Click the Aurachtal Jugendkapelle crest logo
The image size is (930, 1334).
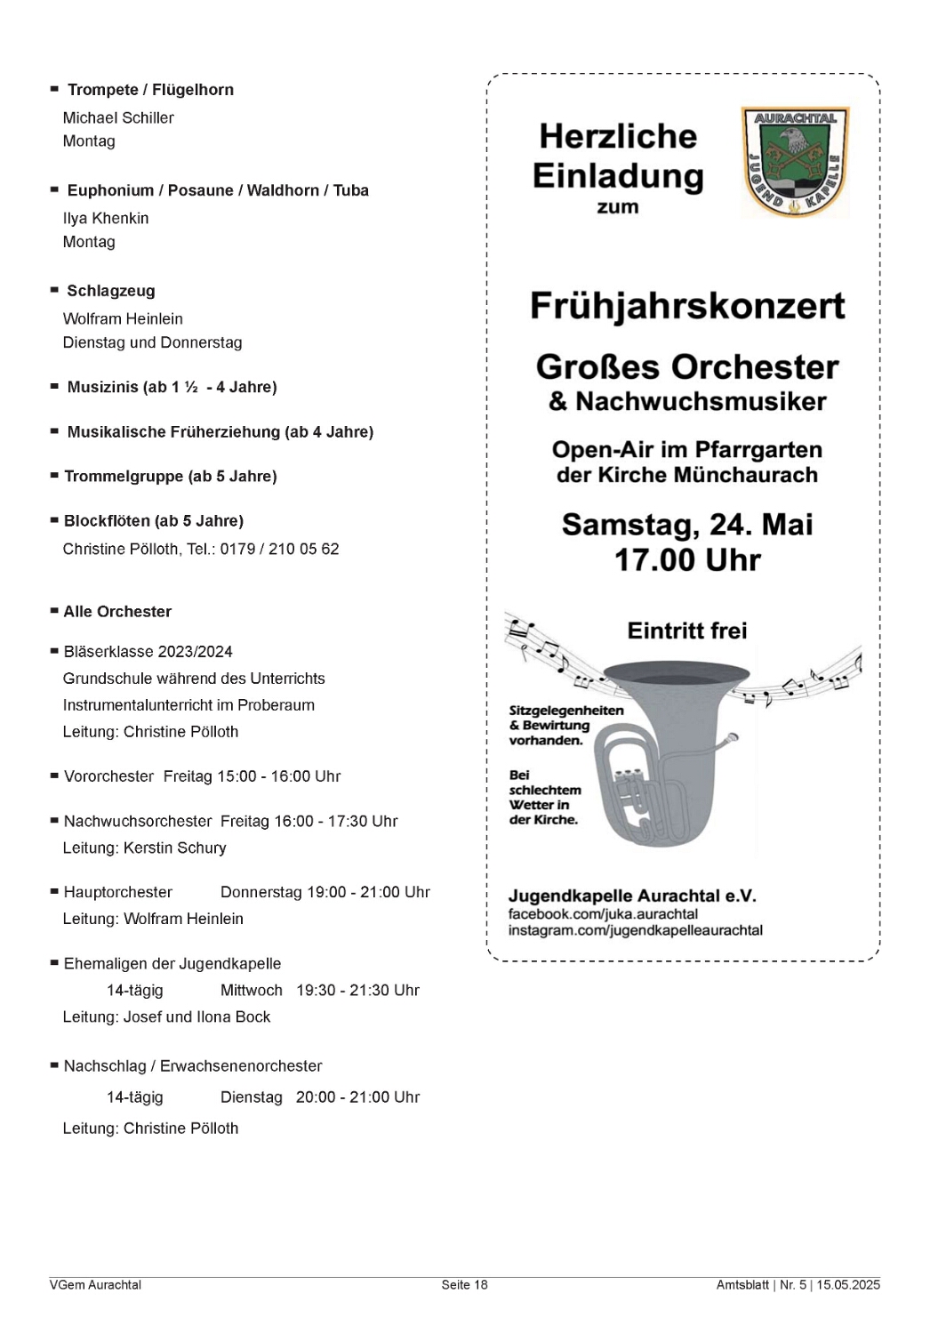tap(795, 162)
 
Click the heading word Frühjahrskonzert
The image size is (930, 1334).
tap(687, 306)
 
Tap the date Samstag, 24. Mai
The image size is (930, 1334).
tap(687, 525)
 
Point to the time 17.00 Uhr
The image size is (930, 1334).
tap(687, 560)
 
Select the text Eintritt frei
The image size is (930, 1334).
tap(687, 631)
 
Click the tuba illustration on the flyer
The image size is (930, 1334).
tap(658, 756)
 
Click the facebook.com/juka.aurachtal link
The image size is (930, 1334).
tap(603, 914)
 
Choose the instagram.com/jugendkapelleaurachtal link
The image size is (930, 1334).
tap(635, 930)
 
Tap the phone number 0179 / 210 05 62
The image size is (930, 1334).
tap(279, 549)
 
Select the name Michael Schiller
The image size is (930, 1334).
tap(118, 117)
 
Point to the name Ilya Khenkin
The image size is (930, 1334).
tap(106, 218)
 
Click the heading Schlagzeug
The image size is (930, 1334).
tap(111, 291)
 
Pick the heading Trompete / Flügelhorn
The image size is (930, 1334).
tap(150, 90)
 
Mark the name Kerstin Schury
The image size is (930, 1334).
tap(174, 848)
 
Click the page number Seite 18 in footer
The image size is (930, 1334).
tap(464, 1284)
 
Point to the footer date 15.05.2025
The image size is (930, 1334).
tap(848, 1284)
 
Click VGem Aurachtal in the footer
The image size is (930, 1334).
tap(95, 1284)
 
